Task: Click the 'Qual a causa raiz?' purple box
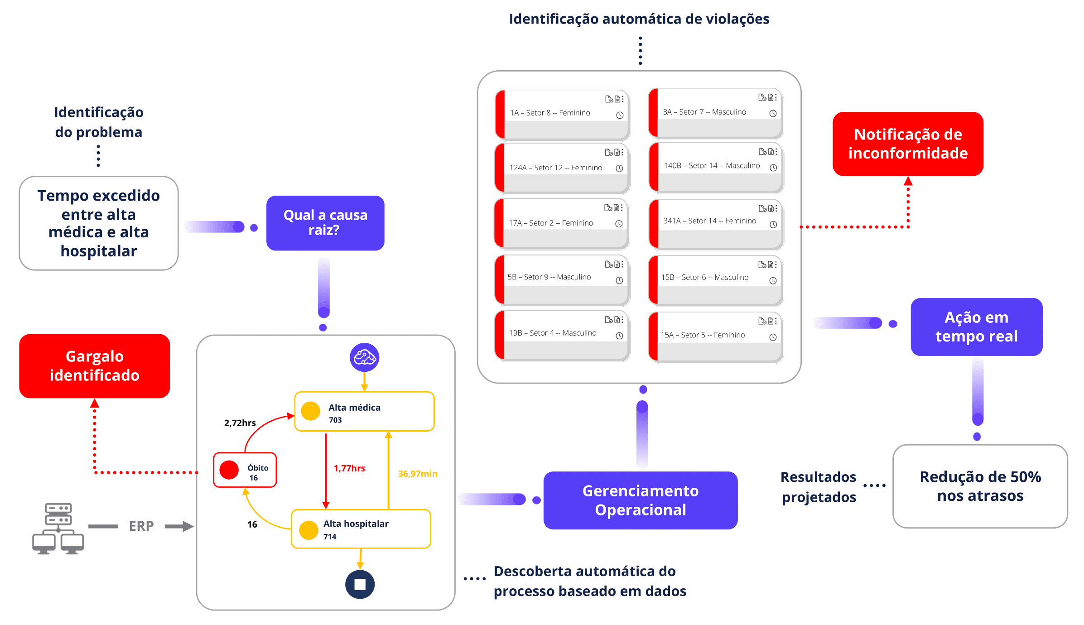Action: click(325, 223)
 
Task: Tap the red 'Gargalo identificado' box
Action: click(95, 366)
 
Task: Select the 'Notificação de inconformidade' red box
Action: click(908, 144)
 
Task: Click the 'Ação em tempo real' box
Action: click(976, 327)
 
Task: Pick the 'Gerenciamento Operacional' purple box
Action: click(640, 500)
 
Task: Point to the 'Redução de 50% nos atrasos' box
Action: click(980, 486)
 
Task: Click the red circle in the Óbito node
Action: click(229, 470)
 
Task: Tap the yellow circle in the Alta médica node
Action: click(311, 411)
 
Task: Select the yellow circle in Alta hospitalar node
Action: click(309, 530)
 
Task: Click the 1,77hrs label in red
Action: click(349, 468)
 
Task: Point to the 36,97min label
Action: click(418, 474)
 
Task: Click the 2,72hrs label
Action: click(240, 423)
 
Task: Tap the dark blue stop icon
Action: click(360, 584)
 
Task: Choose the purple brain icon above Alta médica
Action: click(365, 357)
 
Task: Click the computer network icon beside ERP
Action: click(58, 528)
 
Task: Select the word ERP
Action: click(141, 526)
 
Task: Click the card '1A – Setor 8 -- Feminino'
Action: click(562, 115)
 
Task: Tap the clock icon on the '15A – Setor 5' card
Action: click(773, 337)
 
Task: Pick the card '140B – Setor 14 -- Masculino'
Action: click(716, 168)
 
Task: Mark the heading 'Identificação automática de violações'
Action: click(639, 19)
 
